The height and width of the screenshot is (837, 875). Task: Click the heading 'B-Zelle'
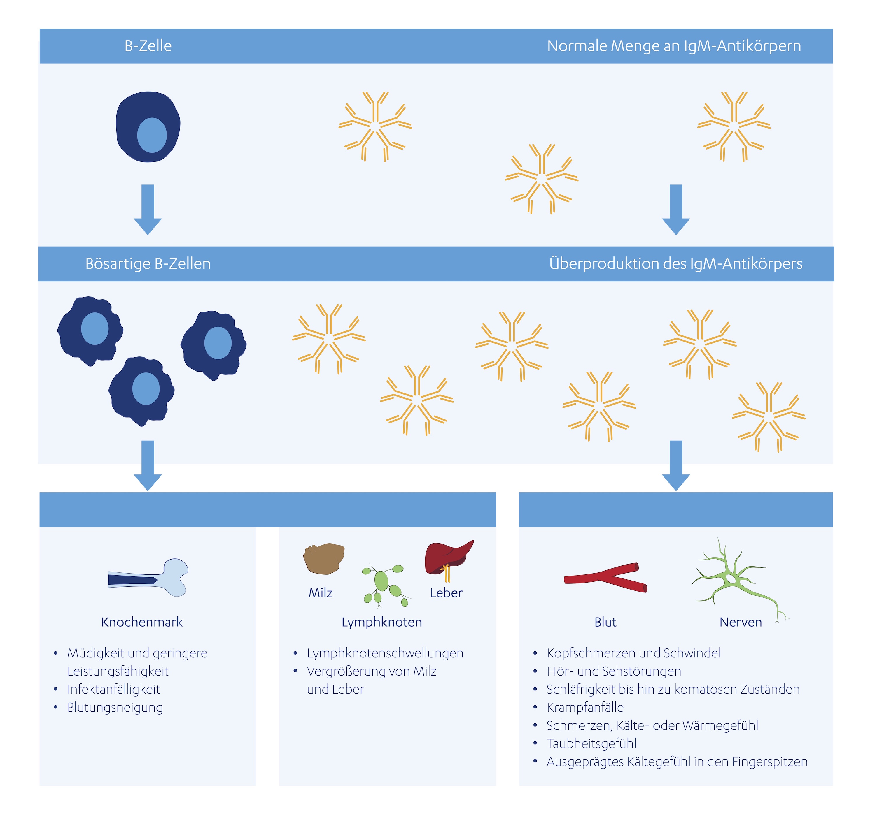click(148, 46)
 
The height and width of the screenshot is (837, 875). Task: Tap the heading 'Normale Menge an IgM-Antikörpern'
click(674, 46)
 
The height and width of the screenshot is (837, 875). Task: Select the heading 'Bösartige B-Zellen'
click(148, 264)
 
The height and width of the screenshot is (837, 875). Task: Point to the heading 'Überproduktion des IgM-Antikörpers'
click(675, 264)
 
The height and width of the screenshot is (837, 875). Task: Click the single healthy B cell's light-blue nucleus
click(152, 135)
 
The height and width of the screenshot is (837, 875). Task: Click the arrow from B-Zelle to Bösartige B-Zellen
click(148, 209)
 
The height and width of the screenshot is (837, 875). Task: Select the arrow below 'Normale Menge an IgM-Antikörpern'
click(676, 209)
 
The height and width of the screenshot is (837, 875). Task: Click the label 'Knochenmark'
click(142, 622)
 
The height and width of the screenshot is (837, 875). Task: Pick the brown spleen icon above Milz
click(324, 559)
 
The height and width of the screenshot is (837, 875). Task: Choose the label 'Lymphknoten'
click(382, 622)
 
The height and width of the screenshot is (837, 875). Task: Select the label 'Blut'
click(605, 622)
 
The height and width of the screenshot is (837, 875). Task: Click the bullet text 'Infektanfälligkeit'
click(113, 689)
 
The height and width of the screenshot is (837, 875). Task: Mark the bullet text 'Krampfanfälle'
click(585, 707)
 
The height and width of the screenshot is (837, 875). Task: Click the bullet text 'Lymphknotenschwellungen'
click(385, 653)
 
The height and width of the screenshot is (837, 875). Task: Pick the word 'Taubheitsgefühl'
click(591, 743)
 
